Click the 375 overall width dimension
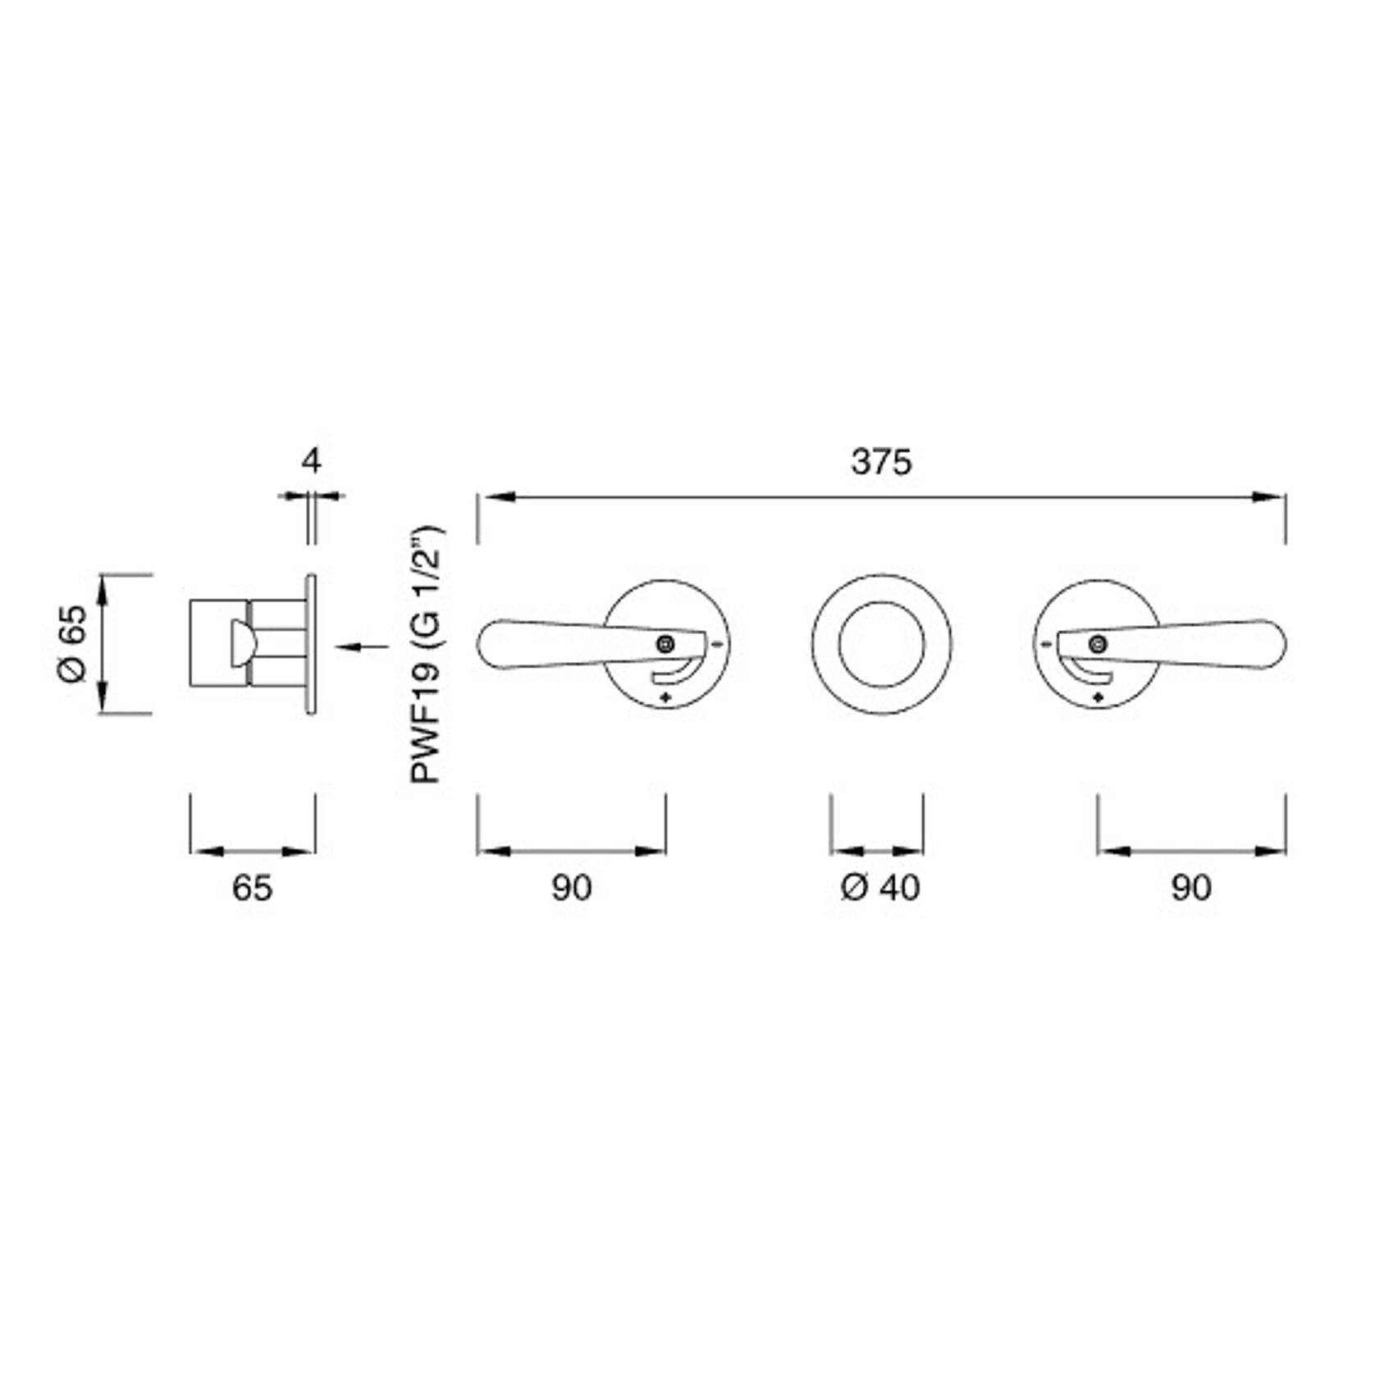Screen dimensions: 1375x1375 click(x=881, y=462)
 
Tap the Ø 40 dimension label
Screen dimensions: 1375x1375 click(x=880, y=887)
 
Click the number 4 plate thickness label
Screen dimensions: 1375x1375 click(x=310, y=461)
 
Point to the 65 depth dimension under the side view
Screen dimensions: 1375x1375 click(x=252, y=888)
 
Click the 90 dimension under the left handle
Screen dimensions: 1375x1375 click(x=571, y=888)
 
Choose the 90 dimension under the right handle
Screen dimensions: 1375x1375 click(x=1191, y=888)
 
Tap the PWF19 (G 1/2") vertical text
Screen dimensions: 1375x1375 click(x=427, y=655)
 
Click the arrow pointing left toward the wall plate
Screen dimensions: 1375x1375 click(x=362, y=647)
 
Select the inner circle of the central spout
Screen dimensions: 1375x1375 click(x=882, y=644)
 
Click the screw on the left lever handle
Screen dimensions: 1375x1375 click(x=666, y=644)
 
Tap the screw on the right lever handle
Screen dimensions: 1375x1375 click(x=1098, y=644)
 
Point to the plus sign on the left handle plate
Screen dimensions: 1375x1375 click(x=665, y=698)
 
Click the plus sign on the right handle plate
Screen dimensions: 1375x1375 click(x=1099, y=698)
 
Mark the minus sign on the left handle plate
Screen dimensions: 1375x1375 click(x=719, y=644)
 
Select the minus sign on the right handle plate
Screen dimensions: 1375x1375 click(x=1046, y=645)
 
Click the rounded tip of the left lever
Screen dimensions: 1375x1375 click(x=491, y=644)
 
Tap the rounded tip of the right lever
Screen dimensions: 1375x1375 click(x=1272, y=644)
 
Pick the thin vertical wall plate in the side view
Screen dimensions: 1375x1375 click(x=311, y=643)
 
